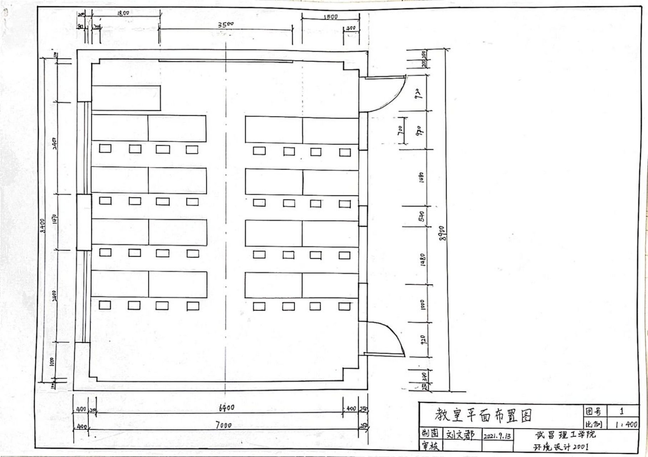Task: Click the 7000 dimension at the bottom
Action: click(224, 425)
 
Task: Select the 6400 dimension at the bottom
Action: click(226, 407)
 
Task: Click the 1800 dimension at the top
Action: click(123, 14)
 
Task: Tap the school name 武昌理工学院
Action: click(565, 435)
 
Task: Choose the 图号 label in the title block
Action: click(593, 411)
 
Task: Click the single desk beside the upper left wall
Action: click(126, 98)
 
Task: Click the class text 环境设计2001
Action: click(561, 447)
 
